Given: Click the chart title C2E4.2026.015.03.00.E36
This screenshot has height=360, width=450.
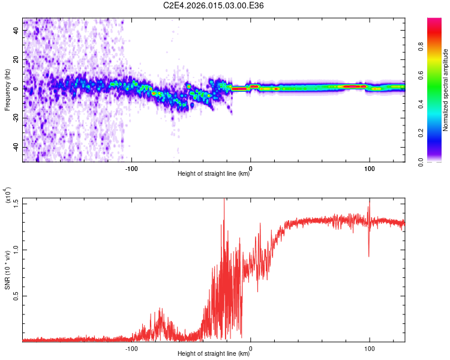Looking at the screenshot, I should tap(214, 5).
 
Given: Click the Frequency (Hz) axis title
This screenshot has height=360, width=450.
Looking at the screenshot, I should tap(7, 90).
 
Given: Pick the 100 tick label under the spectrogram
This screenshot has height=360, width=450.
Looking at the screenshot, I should tap(370, 167).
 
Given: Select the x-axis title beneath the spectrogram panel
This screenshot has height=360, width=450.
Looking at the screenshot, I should tap(214, 175).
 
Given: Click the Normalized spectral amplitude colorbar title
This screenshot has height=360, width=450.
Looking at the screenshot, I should tap(446, 90).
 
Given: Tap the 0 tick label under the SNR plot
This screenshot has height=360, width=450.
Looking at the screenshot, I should tap(250, 347).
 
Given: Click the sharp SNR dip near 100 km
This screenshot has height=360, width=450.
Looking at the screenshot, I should tap(369, 255).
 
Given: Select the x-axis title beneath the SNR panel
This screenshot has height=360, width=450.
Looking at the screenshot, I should tap(214, 354).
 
